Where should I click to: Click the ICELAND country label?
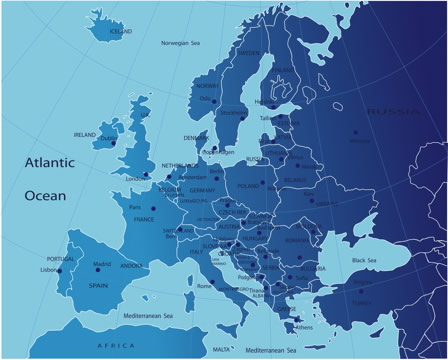click(x=120, y=31)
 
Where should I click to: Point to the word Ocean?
click(x=45, y=194)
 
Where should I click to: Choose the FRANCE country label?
click(x=144, y=219)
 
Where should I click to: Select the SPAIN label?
click(x=97, y=285)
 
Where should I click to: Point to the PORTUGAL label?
click(x=61, y=259)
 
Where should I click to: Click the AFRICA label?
click(x=114, y=345)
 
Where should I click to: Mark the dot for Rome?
click(x=212, y=281)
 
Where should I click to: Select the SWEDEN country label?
click(x=249, y=53)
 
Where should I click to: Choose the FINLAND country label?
click(x=284, y=69)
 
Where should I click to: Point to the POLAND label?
click(x=248, y=185)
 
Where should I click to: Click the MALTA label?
click(x=222, y=349)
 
